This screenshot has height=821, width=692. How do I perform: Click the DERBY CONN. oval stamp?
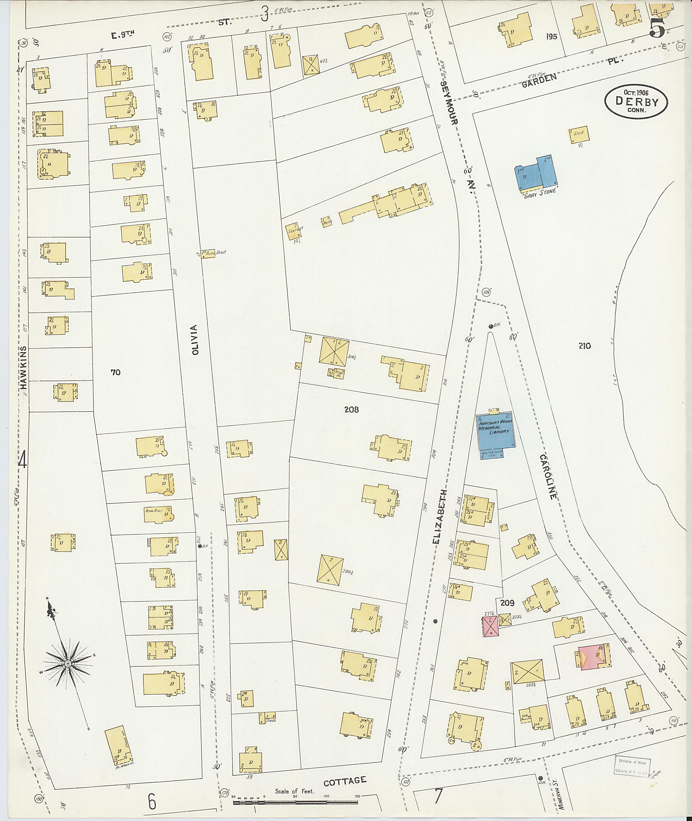[636, 102]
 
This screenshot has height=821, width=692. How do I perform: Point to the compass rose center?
[68, 663]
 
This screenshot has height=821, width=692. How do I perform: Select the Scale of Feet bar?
[295, 802]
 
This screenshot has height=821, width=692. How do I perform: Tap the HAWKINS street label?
[24, 367]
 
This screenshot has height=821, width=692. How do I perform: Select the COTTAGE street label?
[345, 781]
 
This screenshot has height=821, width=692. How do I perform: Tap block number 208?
[351, 410]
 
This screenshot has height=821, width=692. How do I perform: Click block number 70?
[115, 372]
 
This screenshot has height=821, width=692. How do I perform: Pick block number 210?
[584, 346]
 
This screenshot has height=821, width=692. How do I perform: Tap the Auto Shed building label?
[214, 253]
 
